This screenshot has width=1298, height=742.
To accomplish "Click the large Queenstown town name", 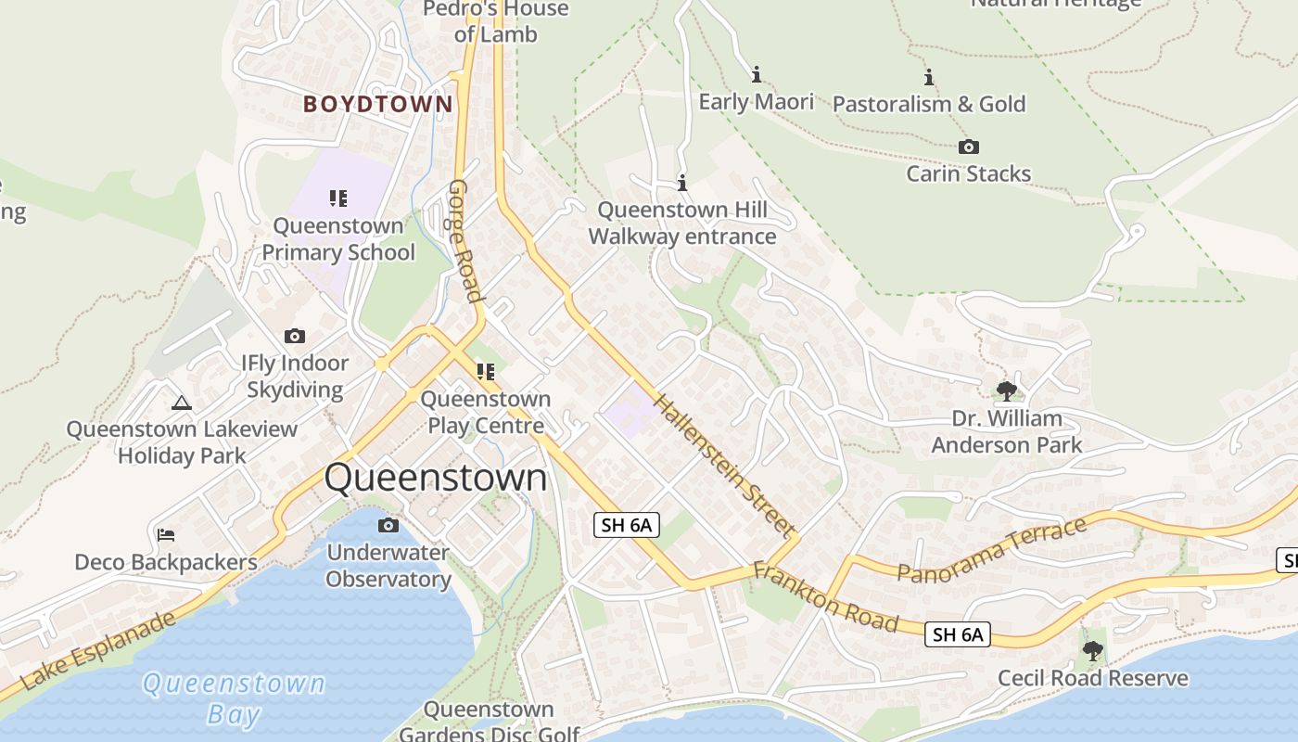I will point(436,478).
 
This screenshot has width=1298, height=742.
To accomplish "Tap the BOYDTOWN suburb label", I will point(378,104).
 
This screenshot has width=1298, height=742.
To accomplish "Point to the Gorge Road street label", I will point(465,240).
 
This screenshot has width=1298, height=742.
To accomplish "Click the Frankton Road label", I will point(825,597).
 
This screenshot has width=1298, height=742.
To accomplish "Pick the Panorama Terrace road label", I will point(992,551).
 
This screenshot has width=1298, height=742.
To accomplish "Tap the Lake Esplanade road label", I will point(97,650).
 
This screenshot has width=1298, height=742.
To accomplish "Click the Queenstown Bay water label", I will point(233,698).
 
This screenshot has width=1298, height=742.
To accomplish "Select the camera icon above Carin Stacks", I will point(969,147).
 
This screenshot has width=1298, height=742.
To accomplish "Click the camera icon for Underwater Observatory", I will point(388,526).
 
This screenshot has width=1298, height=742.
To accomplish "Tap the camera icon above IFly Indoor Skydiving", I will point(295,337).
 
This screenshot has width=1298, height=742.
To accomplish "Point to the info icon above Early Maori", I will point(757,74).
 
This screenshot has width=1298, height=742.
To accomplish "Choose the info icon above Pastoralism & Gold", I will point(929,77).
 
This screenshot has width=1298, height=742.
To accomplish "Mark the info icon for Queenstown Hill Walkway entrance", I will point(682,183).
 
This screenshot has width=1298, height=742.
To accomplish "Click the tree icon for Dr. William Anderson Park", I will point(1006,391).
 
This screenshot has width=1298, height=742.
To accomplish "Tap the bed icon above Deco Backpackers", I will point(166,535).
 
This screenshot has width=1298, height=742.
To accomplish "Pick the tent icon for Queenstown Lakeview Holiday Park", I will point(182,403).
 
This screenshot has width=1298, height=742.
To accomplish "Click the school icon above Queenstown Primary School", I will point(338,198).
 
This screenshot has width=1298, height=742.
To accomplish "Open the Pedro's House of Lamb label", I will point(496,21).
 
